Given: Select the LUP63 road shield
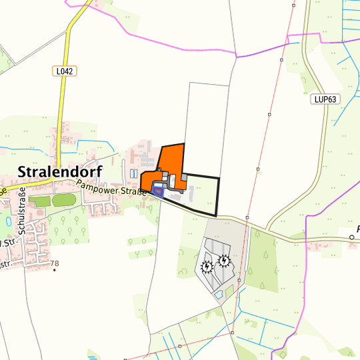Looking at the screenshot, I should [325, 99].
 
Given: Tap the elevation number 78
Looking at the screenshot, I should [55, 263].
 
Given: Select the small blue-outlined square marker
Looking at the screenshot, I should [158, 191].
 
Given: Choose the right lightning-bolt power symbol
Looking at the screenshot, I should [224, 261].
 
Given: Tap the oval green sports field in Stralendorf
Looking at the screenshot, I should [64, 199].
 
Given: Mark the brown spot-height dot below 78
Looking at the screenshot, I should [55, 270].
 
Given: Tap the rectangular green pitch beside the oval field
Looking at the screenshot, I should [39, 201].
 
